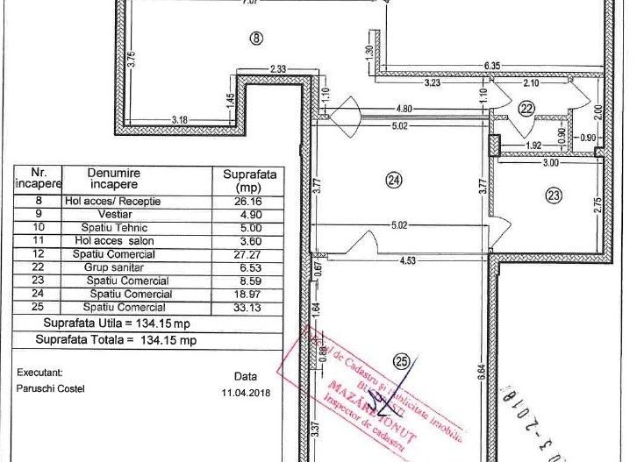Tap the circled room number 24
[394, 180]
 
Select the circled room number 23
[553, 195]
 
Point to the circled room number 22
[526, 109]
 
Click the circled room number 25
[403, 359]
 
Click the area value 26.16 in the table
[250, 202]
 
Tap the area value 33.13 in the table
[250, 308]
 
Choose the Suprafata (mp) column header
[250, 181]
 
